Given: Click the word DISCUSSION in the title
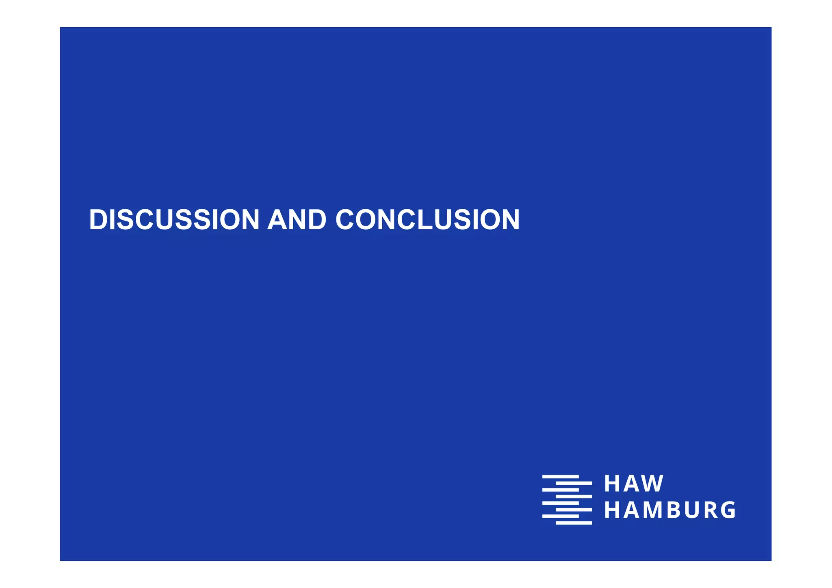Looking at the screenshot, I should tap(174, 220).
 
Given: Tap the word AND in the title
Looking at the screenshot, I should tap(297, 220).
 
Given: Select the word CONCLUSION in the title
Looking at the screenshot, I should tap(427, 220).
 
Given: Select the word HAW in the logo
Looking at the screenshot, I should tap(634, 484).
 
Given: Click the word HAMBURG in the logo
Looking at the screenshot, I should tap(670, 510).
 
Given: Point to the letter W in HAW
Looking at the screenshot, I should tap(653, 484).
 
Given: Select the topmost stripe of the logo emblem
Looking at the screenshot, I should tap(561, 476).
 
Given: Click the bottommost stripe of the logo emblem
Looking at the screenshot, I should tap(574, 523).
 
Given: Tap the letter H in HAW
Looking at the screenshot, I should tap(611, 484).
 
